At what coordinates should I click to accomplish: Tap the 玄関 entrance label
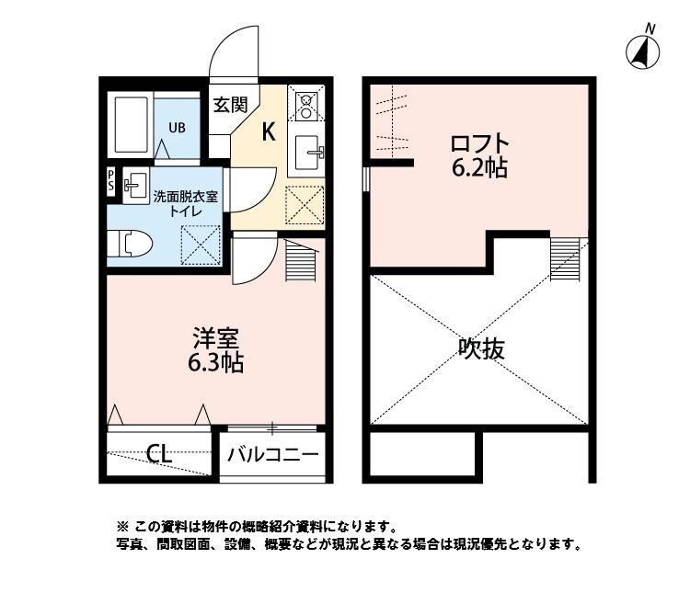pos(230,104)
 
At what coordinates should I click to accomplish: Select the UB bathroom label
pos(176,127)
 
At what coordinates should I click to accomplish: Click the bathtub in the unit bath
pos(132,125)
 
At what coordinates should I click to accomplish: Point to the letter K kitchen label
pos(269,131)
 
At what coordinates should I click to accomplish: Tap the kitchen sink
pos(306,151)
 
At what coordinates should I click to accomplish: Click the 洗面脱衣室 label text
pos(185,196)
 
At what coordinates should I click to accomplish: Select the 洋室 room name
pos(215,337)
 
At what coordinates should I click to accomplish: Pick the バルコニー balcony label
pos(273,453)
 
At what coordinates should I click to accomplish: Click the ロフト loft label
pos(478,144)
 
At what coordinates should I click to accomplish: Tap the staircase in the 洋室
pos(301,261)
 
